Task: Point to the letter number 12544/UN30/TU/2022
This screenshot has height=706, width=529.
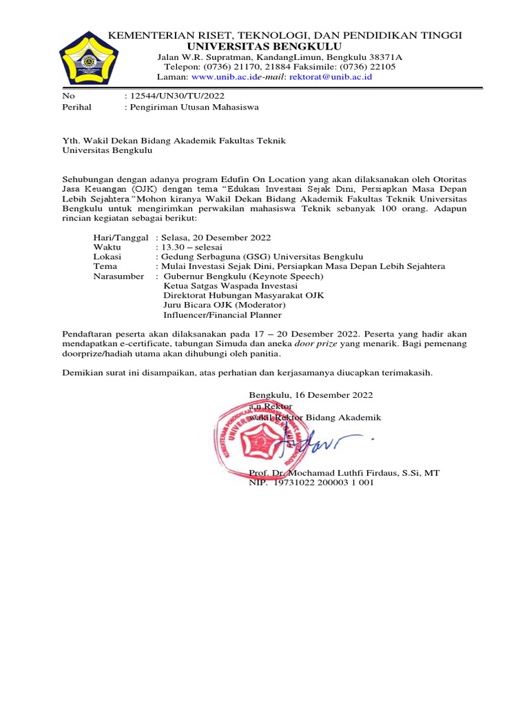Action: pos(176,96)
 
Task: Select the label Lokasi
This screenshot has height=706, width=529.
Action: pos(107,256)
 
